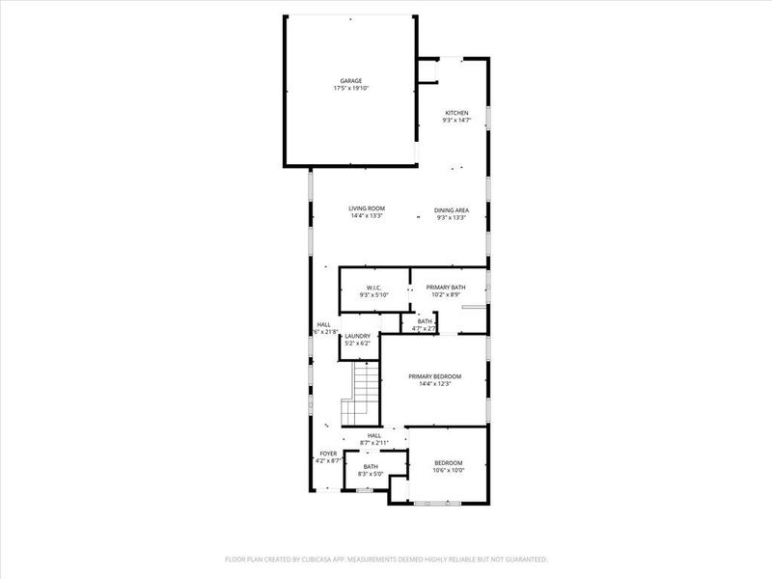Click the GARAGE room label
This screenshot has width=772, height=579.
click(x=351, y=80)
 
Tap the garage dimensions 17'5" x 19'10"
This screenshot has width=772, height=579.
click(x=351, y=88)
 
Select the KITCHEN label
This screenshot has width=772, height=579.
click(x=456, y=113)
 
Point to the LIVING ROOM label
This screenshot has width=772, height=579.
click(x=367, y=208)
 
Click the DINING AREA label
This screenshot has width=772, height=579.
click(x=452, y=209)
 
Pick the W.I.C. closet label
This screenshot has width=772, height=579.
click(x=375, y=288)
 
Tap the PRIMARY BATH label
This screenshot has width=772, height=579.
click(x=447, y=288)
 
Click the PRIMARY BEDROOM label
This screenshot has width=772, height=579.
click(x=434, y=376)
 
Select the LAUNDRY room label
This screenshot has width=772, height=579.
click(x=357, y=336)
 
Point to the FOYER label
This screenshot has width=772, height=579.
click(x=328, y=454)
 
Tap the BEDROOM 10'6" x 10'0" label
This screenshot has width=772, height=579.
click(x=449, y=462)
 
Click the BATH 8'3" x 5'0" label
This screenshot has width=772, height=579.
click(x=371, y=467)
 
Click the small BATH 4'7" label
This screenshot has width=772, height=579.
click(x=426, y=321)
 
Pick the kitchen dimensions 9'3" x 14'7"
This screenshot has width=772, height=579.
click(x=456, y=121)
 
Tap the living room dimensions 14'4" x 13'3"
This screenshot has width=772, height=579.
click(x=367, y=216)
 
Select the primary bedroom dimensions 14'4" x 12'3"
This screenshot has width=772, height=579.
click(x=434, y=384)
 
